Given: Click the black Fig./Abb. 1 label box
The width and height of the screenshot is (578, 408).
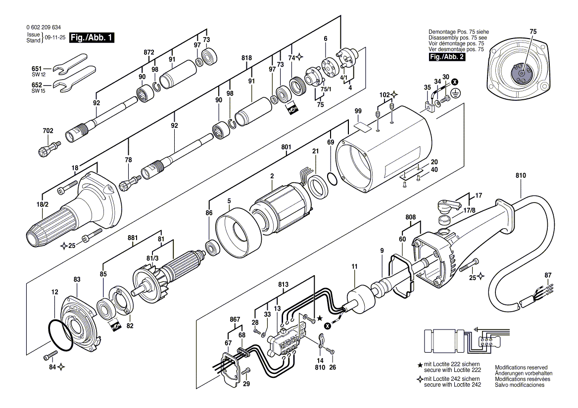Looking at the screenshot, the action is pyautogui.click(x=92, y=38).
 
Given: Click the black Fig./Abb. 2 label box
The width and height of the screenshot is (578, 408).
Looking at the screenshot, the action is pyautogui.click(x=447, y=57).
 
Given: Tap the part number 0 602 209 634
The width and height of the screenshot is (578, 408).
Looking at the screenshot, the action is pyautogui.click(x=44, y=28).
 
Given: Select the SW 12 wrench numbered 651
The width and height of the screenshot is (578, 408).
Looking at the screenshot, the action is pyautogui.click(x=70, y=66).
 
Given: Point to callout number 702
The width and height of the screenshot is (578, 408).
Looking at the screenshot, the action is pyautogui.click(x=48, y=130).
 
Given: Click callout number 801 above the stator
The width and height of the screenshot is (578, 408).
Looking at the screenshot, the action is pyautogui.click(x=286, y=147).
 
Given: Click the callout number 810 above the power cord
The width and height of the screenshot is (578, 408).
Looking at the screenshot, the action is pyautogui.click(x=521, y=175).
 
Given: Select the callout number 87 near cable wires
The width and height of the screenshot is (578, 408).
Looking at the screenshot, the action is pyautogui.click(x=548, y=275).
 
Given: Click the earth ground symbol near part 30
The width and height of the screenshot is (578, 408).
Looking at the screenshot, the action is pyautogui.click(x=455, y=93).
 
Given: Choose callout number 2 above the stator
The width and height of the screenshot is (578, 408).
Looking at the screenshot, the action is pyautogui.click(x=272, y=176).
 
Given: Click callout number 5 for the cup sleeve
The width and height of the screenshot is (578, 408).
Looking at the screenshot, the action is pyautogui.click(x=229, y=201).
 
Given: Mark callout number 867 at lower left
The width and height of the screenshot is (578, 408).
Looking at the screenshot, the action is pyautogui.click(x=235, y=320).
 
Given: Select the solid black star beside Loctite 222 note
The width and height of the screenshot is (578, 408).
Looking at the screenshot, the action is pyautogui.click(x=420, y=366).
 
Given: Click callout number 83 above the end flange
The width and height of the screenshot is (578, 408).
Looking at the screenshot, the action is pyautogui.click(x=77, y=280).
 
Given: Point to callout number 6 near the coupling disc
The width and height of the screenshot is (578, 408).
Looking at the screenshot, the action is pyautogui.click(x=326, y=39).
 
